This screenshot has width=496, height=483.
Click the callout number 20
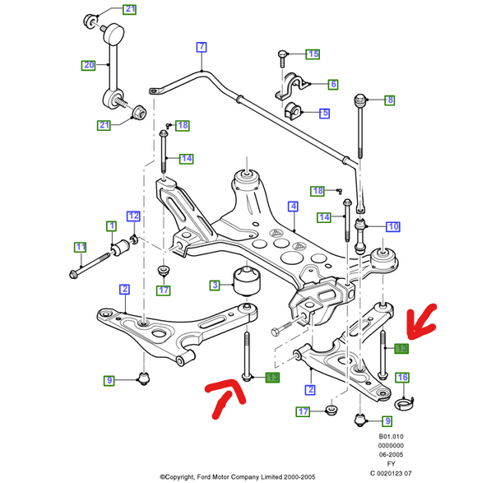click(88, 64)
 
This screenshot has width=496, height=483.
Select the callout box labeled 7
click(201, 47)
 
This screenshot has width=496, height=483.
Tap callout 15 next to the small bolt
click(313, 54)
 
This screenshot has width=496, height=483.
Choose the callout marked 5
click(324, 113)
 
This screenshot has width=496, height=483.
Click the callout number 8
click(390, 100)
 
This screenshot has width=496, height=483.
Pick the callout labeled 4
click(292, 206)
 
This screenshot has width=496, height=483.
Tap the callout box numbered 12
click(133, 216)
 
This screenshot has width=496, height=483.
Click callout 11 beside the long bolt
click(80, 246)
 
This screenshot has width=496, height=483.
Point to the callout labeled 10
click(392, 225)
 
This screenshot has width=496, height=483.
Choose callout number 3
click(215, 285)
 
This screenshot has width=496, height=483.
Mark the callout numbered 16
click(402, 378)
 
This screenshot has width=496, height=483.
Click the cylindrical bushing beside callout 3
click(246, 281)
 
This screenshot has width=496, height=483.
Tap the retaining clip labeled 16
click(405, 402)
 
